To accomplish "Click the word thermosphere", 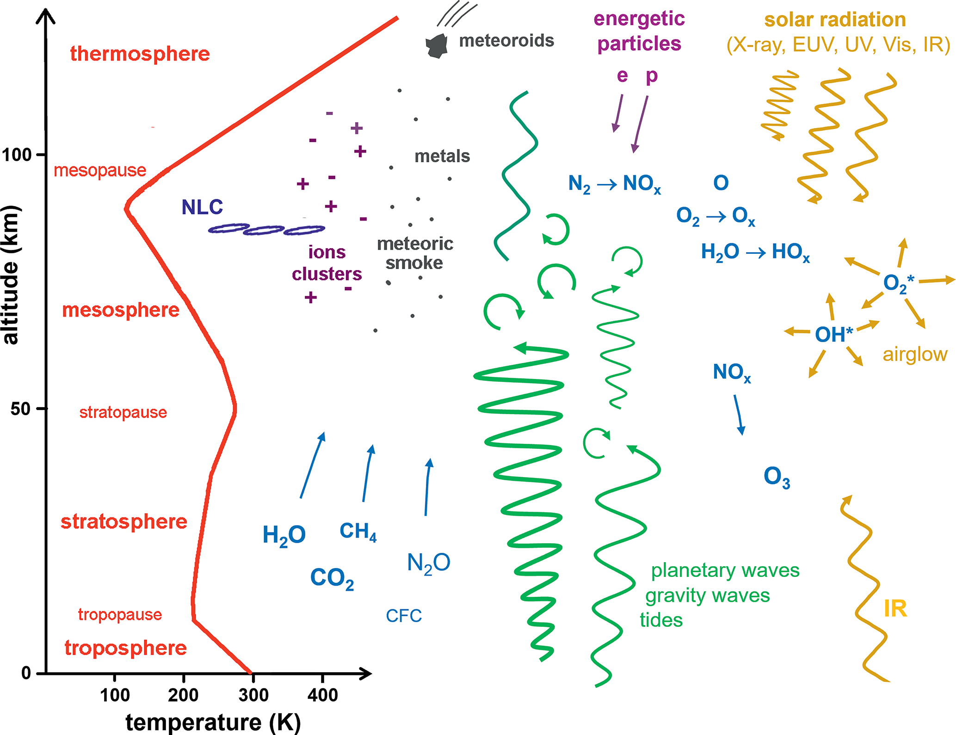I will click(140, 54).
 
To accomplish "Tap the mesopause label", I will click(100, 171).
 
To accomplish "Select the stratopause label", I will click(123, 412).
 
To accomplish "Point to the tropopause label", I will click(120, 614).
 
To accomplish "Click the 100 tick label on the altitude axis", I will click(17, 154).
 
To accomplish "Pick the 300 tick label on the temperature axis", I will click(253, 695).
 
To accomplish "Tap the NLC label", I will click(202, 207).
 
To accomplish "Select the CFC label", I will click(404, 616).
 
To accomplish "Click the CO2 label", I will click(332, 578).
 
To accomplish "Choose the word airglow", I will click(915, 355).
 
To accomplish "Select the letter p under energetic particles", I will click(652, 76).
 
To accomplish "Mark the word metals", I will click(442, 156).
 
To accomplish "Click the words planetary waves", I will click(725, 570).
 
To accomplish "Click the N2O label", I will click(429, 563).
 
